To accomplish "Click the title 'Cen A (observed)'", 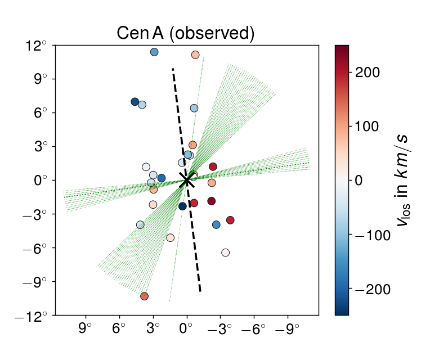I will point(186,33).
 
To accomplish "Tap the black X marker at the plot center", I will point(187,180).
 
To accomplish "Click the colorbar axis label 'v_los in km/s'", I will point(404,180).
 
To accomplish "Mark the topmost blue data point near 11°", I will point(154,52).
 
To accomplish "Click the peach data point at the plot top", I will point(195,55).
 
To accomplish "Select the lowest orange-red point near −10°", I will point(144,296).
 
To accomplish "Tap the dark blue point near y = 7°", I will point(135,102).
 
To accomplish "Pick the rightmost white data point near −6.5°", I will point(225,253).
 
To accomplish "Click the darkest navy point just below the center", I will point(182,206).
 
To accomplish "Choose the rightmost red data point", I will point(230,220).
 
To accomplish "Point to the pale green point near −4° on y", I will point(140,224).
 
